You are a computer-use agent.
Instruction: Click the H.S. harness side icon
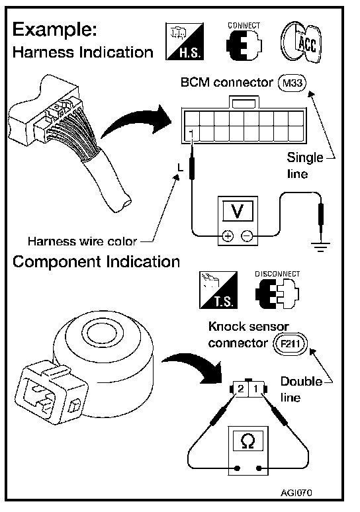185,42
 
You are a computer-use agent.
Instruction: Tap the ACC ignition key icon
301,43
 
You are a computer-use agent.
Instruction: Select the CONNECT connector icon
244,41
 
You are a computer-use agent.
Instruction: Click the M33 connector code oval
292,83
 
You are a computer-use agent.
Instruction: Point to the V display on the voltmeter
238,210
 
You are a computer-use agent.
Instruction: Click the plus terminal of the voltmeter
228,235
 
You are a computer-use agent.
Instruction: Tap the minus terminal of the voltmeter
247,235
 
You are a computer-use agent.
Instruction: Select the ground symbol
320,247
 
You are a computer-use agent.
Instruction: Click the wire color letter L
180,167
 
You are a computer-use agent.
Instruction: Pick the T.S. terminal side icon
218,290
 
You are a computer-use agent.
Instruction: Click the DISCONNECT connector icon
277,290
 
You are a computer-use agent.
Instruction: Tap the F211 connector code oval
291,343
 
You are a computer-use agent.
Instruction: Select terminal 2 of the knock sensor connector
241,388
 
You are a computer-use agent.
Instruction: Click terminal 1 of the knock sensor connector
256,388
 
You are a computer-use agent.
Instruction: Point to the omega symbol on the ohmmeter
248,441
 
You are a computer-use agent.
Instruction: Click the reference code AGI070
296,492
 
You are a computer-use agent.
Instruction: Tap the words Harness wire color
82,241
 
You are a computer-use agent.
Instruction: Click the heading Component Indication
97,262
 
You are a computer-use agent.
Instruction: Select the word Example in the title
54,30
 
